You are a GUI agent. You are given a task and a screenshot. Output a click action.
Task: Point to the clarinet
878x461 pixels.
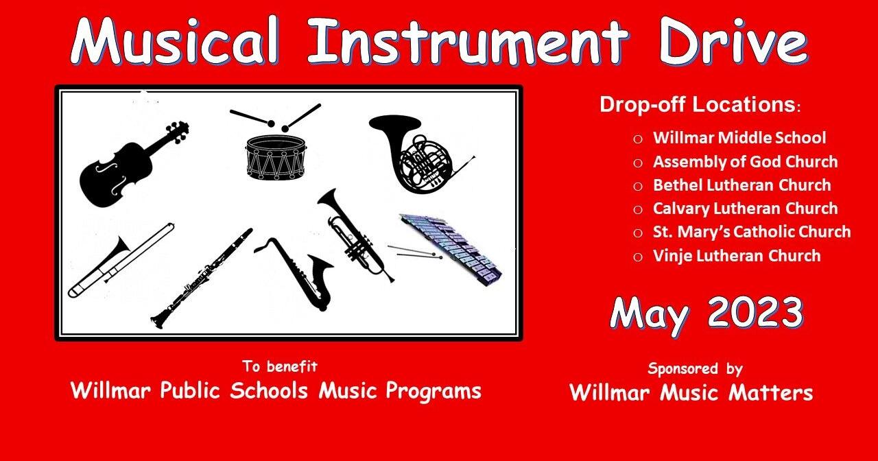[x=202, y=278]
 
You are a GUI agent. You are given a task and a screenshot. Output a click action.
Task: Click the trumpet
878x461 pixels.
[x=353, y=233]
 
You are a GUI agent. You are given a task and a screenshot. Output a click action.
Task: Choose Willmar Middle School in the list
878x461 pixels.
[x=739, y=138]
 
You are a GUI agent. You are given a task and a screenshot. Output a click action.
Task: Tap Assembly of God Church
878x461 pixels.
[x=745, y=162]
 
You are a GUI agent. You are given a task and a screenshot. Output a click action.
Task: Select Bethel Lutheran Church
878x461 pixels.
[x=741, y=185]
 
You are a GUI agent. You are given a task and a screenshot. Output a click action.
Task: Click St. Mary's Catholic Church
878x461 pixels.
[x=752, y=232]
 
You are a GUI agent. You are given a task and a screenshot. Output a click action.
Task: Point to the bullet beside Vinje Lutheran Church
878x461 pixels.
[x=638, y=257]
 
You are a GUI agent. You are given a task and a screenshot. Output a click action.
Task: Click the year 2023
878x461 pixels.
[x=755, y=314]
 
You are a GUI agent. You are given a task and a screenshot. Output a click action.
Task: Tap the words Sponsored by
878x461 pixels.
[x=695, y=369]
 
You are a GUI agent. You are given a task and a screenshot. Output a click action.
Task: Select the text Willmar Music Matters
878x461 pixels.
[x=691, y=393]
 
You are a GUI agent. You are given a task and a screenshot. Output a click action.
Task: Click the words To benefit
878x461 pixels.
[x=279, y=366]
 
